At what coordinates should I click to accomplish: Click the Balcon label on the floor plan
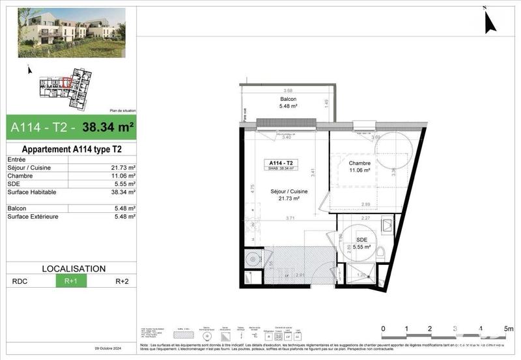[288, 99]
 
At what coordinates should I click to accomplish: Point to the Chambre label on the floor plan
[359, 163]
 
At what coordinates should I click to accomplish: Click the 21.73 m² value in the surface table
[123, 167]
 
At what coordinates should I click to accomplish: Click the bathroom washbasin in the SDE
[385, 225]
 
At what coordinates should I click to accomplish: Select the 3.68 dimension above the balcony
[288, 90]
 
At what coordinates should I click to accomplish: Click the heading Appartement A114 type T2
[68, 149]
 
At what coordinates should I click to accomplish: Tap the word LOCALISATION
[73, 268]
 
